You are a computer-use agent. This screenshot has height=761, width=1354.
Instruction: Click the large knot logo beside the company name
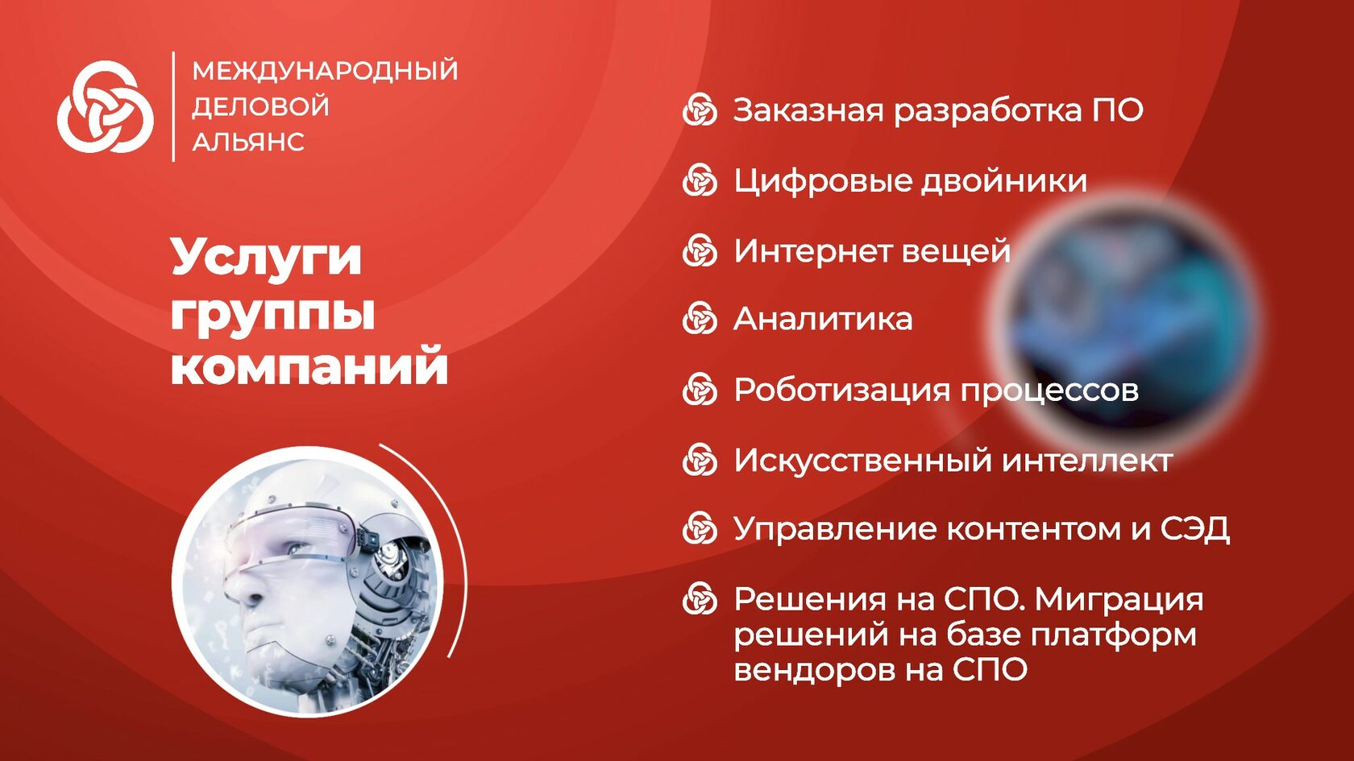105,107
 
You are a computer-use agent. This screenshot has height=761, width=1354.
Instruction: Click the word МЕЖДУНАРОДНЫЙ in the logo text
326,71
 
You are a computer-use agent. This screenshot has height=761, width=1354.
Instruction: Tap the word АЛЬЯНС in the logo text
248,142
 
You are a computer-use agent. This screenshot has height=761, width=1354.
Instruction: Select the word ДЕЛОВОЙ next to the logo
260,106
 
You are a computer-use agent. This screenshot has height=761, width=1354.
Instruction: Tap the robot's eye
297,550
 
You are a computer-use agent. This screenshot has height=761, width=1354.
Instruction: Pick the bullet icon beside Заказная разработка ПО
700,110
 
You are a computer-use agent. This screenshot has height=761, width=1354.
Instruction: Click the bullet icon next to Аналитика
700,318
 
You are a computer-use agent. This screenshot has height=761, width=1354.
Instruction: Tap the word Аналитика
824,319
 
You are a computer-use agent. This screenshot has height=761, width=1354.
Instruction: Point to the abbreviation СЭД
1195,529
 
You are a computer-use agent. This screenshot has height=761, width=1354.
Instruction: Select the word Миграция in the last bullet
1119,601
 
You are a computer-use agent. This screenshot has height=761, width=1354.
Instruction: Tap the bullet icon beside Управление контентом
700,528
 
